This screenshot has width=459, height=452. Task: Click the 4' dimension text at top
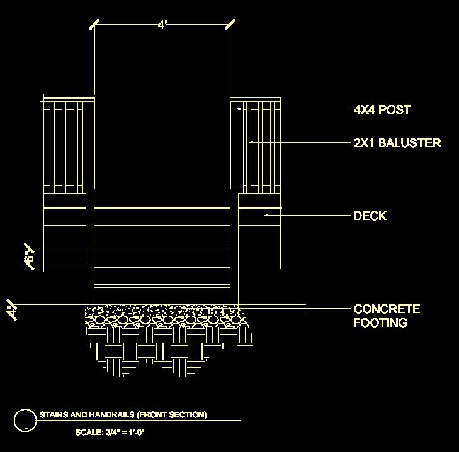pyautogui.click(x=162, y=25)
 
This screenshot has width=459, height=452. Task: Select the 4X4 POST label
pyautogui.click(x=382, y=109)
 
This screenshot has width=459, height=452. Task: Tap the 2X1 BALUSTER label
pyautogui.click(x=397, y=143)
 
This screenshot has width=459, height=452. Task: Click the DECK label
pyautogui.click(x=370, y=216)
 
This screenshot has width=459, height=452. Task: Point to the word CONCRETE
pyautogui.click(x=387, y=309)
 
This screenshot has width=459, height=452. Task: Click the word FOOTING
pyautogui.click(x=380, y=322)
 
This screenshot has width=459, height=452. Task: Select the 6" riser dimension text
pyautogui.click(x=28, y=257)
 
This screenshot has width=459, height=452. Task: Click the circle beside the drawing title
pyautogui.click(x=25, y=420)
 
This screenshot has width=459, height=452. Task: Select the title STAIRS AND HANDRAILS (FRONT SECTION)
pyautogui.click(x=123, y=415)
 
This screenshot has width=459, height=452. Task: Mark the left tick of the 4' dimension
pyautogui.click(x=94, y=25)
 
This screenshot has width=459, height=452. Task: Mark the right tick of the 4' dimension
pyautogui.click(x=230, y=25)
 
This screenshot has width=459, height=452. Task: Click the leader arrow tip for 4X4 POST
pyautogui.click(x=239, y=109)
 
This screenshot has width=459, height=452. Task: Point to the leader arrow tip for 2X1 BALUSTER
pyautogui.click(x=251, y=143)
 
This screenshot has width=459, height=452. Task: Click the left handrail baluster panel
pyautogui.click(x=69, y=145)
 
